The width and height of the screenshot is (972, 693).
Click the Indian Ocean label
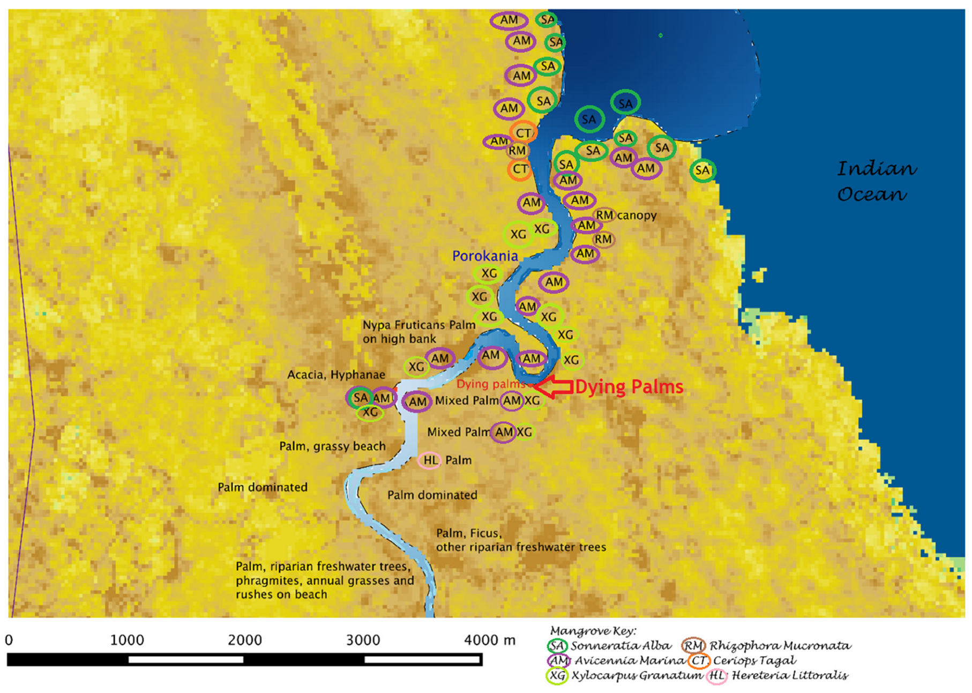(x=876, y=181)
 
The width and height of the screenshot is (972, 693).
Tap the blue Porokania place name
(x=485, y=256)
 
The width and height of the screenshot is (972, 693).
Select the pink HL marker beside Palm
(x=430, y=460)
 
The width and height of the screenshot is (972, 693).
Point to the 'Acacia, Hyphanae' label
(x=336, y=375)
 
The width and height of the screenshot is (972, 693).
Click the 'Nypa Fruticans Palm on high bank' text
(x=418, y=332)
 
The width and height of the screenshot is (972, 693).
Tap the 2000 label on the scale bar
(x=245, y=640)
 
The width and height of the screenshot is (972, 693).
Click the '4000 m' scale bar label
(x=489, y=640)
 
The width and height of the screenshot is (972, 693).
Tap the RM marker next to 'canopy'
(x=604, y=215)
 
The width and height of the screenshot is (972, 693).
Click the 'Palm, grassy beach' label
(x=332, y=446)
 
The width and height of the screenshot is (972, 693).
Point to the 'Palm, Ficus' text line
(x=468, y=533)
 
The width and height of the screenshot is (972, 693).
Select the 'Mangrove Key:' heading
(x=593, y=631)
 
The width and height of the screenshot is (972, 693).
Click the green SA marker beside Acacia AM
(x=360, y=398)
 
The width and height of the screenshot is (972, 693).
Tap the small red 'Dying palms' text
(x=490, y=384)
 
